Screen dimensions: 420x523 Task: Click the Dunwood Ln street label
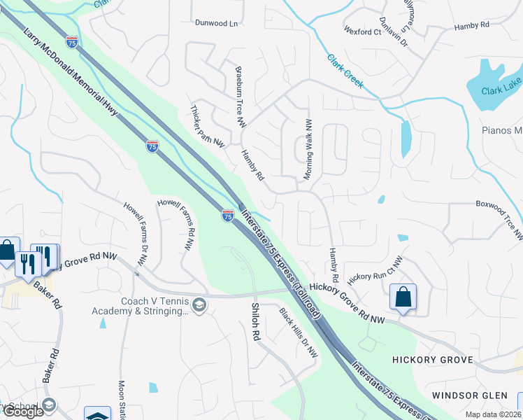click(x=216, y=23)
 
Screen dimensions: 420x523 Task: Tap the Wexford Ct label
click(x=362, y=31)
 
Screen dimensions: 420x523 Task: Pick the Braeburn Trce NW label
click(x=241, y=97)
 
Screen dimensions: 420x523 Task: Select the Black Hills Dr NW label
click(x=299, y=333)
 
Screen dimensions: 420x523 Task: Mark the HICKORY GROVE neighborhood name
click(x=433, y=360)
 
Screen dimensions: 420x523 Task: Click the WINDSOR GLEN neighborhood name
click(x=469, y=395)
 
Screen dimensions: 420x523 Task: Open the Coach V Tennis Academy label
click(x=140, y=307)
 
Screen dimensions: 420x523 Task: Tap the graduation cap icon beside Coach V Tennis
click(x=199, y=304)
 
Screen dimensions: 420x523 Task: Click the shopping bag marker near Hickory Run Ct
click(x=403, y=297)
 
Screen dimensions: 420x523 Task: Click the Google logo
click(x=23, y=412)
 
